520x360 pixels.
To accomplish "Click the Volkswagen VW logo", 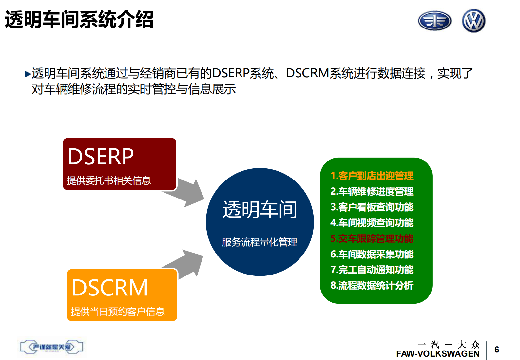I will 473,21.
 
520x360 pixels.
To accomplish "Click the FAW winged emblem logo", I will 434,21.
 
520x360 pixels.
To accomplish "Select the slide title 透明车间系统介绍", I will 79,20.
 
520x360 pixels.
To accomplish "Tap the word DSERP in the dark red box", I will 101,157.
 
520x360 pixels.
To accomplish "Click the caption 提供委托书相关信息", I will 109,180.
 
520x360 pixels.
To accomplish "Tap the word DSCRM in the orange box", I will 110,288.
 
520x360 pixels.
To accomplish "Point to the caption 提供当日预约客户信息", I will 118,312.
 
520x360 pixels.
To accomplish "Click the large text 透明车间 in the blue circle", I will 260,210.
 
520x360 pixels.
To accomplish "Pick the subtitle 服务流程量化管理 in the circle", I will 260,242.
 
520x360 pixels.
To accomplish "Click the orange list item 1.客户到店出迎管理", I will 372,176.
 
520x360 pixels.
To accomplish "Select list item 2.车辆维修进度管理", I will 372,191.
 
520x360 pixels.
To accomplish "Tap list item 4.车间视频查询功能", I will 372,223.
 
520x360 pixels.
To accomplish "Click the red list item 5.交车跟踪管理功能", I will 372,238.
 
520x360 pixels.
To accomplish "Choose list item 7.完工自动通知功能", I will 372,270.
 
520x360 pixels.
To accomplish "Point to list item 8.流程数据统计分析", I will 372,285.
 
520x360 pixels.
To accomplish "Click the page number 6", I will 497,350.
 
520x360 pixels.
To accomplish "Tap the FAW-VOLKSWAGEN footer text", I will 438,354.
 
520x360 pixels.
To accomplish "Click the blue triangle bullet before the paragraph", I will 28,74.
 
